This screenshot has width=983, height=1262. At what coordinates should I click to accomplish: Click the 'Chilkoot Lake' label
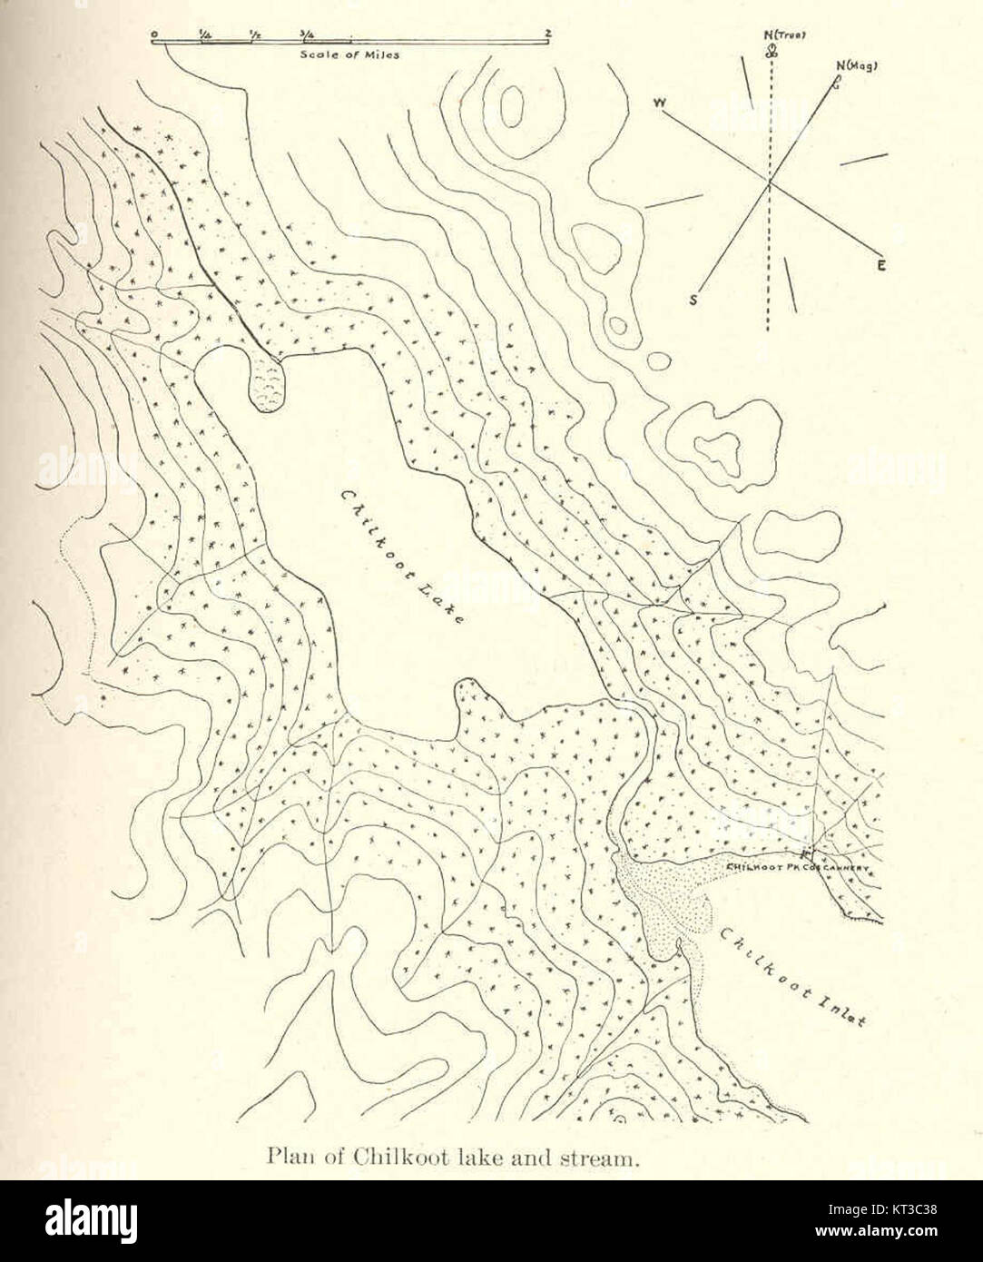[402, 557]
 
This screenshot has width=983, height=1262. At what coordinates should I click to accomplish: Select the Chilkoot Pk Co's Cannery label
[799, 868]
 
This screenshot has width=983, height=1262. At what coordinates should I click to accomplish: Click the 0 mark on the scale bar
[155, 35]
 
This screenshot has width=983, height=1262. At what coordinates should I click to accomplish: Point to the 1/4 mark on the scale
[206, 35]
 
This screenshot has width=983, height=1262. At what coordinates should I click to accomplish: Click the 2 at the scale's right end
[548, 35]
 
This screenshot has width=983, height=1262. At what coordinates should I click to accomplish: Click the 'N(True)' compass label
[786, 35]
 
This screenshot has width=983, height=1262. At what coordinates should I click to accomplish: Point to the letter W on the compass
[660, 104]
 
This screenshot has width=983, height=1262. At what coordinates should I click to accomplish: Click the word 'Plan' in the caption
[283, 1158]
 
